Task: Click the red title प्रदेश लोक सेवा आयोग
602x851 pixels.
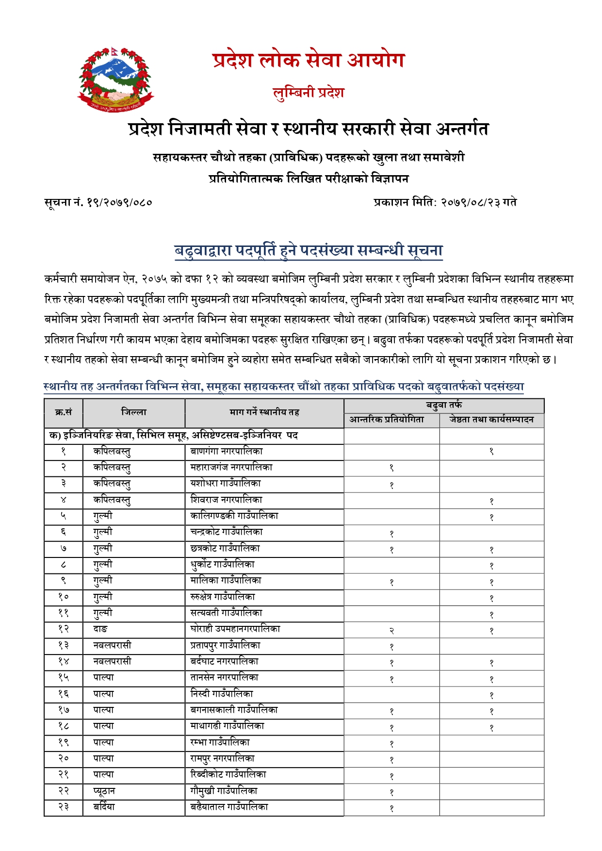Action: [x=309, y=60]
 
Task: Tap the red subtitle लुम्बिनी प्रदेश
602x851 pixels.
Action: [x=309, y=92]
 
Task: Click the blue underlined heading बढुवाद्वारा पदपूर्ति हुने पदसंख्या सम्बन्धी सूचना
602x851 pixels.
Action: [x=309, y=250]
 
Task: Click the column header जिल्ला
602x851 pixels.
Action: [x=133, y=412]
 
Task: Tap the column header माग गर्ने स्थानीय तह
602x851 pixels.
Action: [x=264, y=412]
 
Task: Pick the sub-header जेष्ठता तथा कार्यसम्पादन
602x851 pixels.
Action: [x=491, y=420]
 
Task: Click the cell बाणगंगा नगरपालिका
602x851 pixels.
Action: [x=227, y=451]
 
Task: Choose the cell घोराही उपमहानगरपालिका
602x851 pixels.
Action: [x=235, y=629]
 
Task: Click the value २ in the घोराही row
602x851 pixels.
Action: [x=391, y=631]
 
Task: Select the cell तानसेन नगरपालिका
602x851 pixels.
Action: [x=225, y=677]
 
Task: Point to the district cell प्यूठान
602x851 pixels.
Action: [x=104, y=791]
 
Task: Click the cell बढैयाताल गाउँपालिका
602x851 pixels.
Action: [x=229, y=807]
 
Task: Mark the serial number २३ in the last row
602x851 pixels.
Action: [x=64, y=807]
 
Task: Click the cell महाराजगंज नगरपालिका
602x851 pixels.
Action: [x=231, y=467]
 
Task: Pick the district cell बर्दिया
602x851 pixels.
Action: [x=104, y=807]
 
